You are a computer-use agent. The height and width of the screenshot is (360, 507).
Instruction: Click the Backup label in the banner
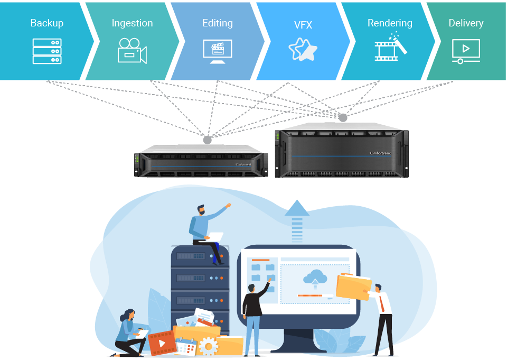[47, 23]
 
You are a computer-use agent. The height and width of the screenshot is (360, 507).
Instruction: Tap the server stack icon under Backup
[47, 51]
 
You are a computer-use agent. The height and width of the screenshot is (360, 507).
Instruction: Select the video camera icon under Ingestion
[132, 51]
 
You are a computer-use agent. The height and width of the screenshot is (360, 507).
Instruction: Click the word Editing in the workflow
[218, 23]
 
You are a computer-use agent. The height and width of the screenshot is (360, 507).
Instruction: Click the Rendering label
[390, 23]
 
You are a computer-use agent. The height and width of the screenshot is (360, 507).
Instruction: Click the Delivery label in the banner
[466, 23]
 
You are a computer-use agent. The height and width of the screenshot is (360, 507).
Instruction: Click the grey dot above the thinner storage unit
[208, 140]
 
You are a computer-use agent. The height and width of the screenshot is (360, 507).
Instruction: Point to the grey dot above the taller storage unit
[343, 117]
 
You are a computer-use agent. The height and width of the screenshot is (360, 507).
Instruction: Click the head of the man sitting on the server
[201, 210]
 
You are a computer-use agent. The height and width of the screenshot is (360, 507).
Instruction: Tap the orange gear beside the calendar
[208, 347]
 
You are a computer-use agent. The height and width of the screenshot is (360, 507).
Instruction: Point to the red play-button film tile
[162, 343]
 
